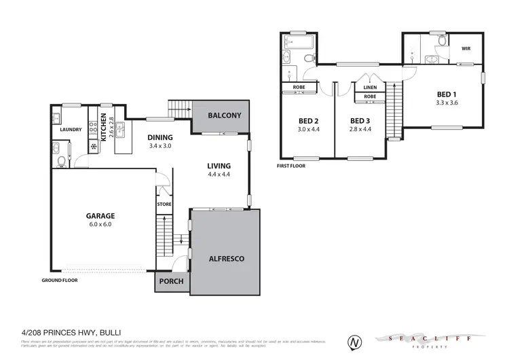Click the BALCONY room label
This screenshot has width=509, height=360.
click(x=224, y=115)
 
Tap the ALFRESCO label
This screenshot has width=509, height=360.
click(x=224, y=259)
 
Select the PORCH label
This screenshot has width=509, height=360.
click(x=171, y=281)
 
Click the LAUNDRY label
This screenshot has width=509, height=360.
click(x=71, y=130)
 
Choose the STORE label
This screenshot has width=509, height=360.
click(x=164, y=204)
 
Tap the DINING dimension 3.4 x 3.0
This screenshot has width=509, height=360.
click(x=161, y=145)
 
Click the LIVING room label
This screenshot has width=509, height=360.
click(x=219, y=166)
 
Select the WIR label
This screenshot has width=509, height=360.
click(x=466, y=49)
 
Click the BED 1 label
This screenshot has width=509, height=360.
click(x=446, y=94)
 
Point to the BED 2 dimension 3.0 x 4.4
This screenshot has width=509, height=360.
click(x=309, y=129)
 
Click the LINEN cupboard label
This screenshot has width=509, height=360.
click(x=370, y=88)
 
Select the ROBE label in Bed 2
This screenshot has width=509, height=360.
click(x=299, y=88)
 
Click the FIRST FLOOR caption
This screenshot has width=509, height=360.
click(x=292, y=166)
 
